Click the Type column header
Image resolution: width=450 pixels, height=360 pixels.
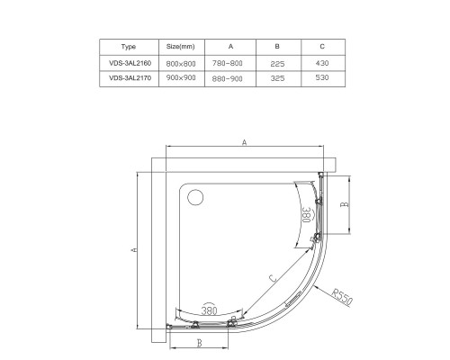pyautogui.click(x=129, y=47)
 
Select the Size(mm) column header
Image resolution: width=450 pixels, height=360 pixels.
pyautogui.click(x=181, y=47)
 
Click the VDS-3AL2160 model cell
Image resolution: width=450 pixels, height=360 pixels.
pyautogui.click(x=130, y=63)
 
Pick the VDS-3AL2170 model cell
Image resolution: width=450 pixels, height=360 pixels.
pyautogui.click(x=130, y=78)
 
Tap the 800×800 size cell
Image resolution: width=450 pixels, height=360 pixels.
pyautogui.click(x=181, y=64)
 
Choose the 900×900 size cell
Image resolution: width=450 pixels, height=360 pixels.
pyautogui.click(x=181, y=77)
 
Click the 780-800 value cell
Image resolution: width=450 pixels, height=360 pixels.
pyautogui.click(x=227, y=63)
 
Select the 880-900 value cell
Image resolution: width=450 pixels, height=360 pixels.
pyautogui.click(x=227, y=78)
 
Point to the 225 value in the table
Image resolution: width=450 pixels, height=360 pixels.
pyautogui.click(x=277, y=64)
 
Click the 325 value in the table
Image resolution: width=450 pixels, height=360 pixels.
pyautogui.click(x=277, y=78)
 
